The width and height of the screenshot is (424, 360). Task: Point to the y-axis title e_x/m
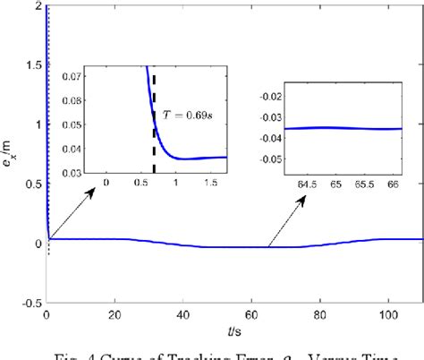pyautogui.click(x=11, y=153)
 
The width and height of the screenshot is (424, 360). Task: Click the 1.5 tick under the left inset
pyautogui.click(x=213, y=184)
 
